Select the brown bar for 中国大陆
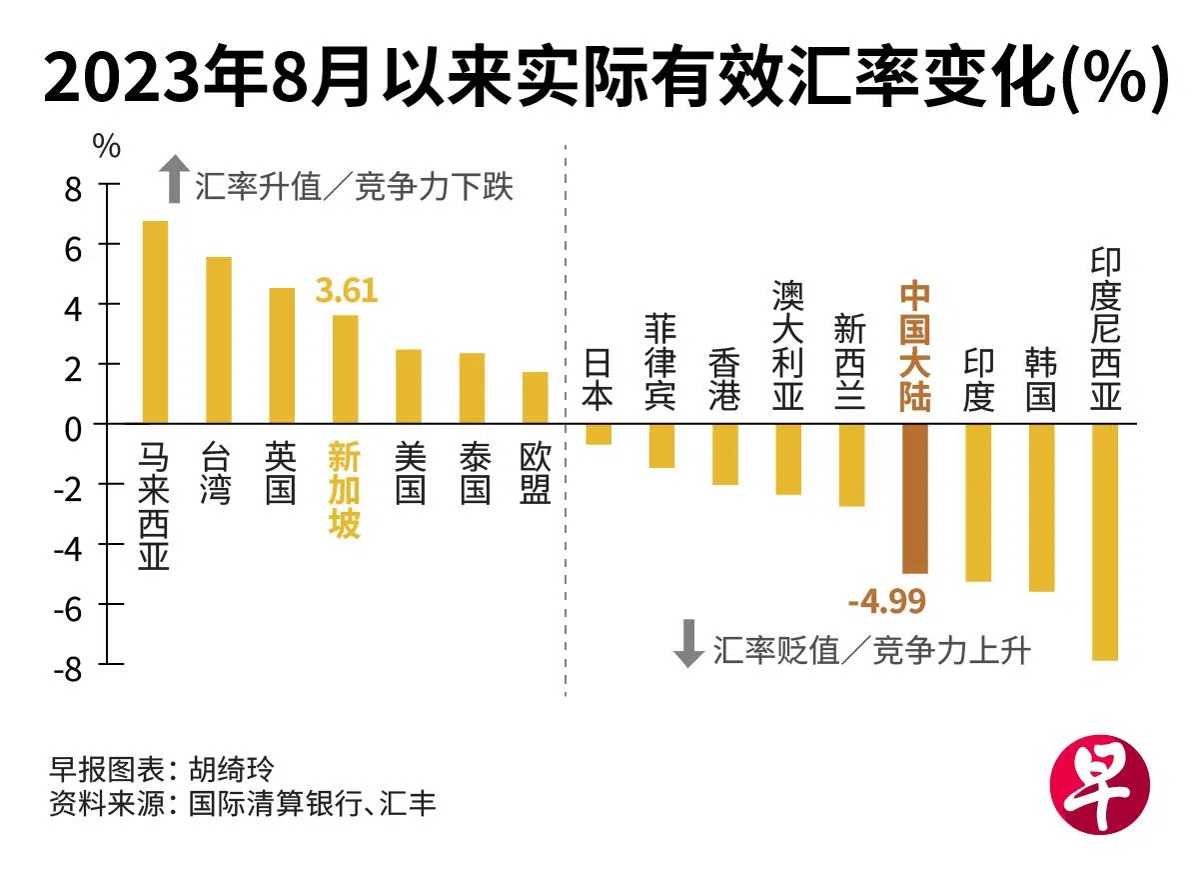(x=915, y=498)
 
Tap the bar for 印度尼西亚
(x=1105, y=541)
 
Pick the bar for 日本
(x=599, y=434)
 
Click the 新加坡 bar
(x=345, y=369)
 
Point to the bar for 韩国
(x=1041, y=507)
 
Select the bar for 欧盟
(x=536, y=398)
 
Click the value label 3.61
(x=346, y=292)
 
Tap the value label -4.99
(x=886, y=602)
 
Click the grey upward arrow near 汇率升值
(x=175, y=179)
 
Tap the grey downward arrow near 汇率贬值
(x=688, y=644)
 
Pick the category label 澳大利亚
(x=788, y=346)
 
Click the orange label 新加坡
(x=345, y=490)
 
